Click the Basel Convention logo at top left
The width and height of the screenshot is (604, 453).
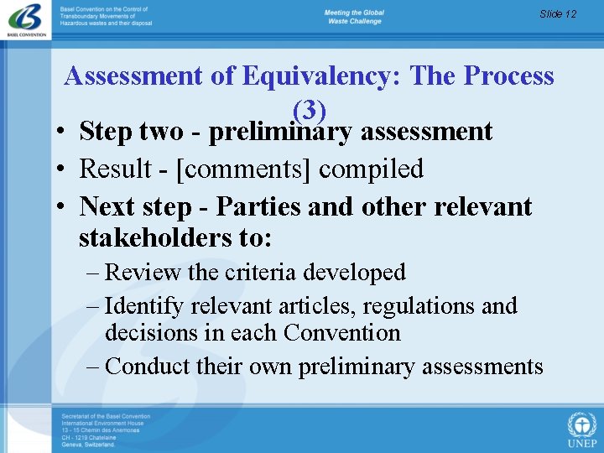28,20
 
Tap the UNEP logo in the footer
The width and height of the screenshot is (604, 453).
581,429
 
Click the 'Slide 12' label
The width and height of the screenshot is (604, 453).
558,14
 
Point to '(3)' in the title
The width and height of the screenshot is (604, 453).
309,109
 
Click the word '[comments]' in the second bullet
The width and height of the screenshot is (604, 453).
248,169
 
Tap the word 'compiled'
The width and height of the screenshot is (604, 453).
371,169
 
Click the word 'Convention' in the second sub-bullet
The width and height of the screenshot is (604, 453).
342,333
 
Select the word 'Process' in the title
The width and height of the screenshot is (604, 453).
508,76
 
